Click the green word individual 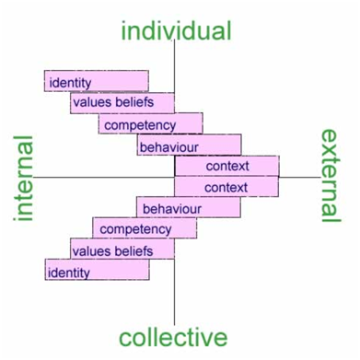tap(176, 30)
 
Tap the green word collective tap(173, 337)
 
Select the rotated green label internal tap(23, 178)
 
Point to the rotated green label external tap(331, 175)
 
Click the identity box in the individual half tap(97, 81)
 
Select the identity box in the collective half tap(98, 270)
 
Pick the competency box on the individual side tap(151, 123)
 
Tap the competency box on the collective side tap(145, 228)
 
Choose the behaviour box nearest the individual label tap(189, 145)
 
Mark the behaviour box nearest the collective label tap(189, 207)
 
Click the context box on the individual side tap(226, 166)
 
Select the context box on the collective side tap(226, 186)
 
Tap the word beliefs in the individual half tap(134, 102)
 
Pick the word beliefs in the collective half tap(134, 251)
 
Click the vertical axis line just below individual tap(175, 66)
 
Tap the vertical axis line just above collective tap(174, 292)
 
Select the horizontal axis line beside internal tap(104, 177)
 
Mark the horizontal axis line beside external tap(300, 177)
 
